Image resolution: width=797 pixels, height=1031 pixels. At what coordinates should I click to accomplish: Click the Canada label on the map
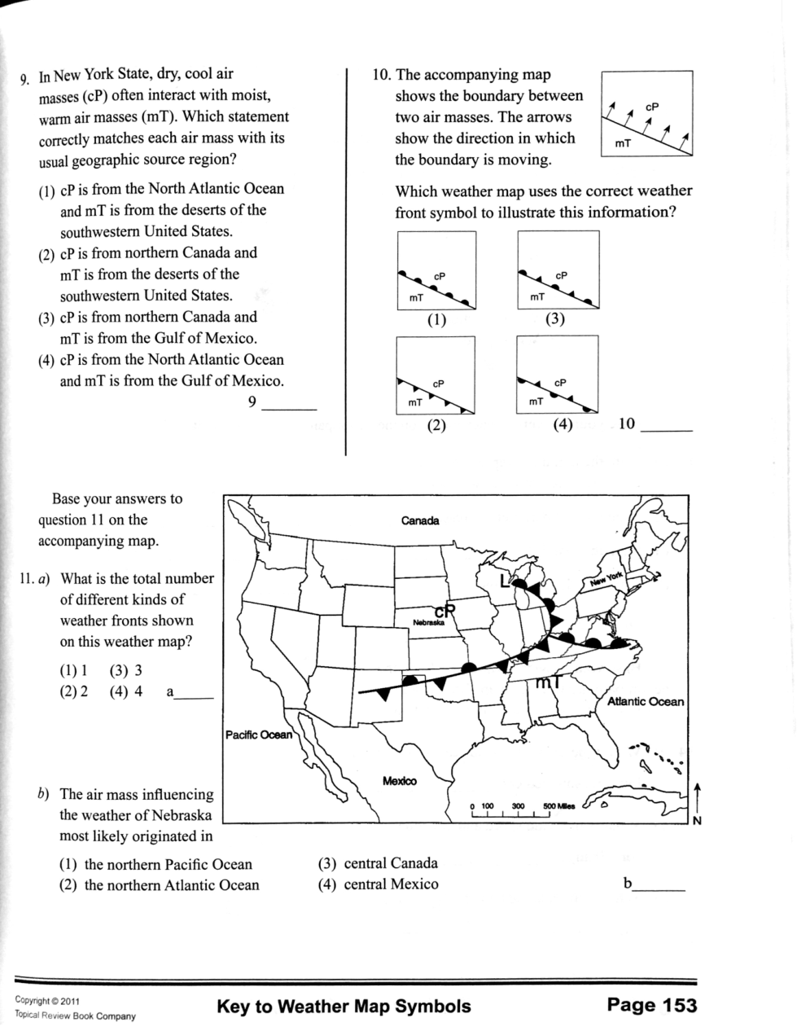coord(419,520)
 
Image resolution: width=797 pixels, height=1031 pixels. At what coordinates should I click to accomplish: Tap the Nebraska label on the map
coord(428,622)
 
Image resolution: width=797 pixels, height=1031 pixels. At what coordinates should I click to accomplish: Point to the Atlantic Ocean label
coord(646,701)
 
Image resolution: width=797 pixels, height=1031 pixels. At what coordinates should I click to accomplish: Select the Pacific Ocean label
coord(258,735)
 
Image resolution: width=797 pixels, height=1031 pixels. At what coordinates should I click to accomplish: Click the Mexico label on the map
coord(399,781)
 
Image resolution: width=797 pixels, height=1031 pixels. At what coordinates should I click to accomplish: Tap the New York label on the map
coord(606,578)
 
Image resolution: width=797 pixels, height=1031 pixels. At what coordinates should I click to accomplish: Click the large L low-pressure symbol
coord(506,580)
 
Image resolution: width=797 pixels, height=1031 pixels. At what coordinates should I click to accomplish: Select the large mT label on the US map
coord(548,682)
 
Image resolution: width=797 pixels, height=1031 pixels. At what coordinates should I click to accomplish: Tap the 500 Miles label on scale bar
coord(559,806)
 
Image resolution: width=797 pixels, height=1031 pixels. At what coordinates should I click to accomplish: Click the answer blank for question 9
coord(289,409)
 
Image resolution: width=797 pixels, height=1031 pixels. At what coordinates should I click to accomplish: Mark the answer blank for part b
coord(659,891)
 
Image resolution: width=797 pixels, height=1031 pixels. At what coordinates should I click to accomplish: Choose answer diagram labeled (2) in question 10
coord(436,375)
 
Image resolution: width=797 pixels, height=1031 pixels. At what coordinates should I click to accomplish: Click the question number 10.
coord(382,75)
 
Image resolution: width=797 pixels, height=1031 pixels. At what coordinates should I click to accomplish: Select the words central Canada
coord(391,863)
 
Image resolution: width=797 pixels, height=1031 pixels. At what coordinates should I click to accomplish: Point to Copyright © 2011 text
coord(47,1001)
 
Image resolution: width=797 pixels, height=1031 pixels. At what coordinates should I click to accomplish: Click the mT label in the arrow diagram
coord(623,143)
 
